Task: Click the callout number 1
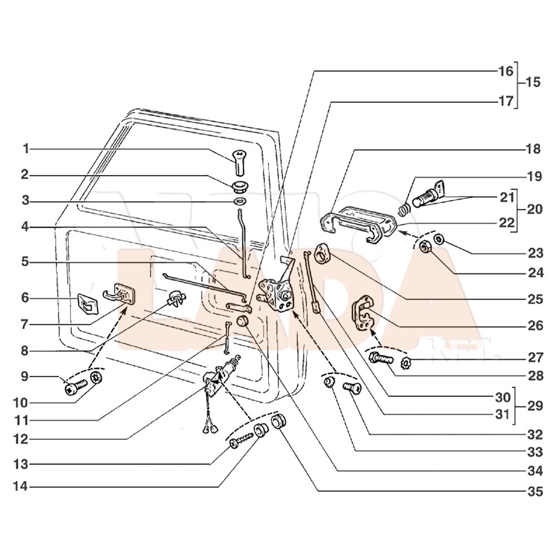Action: point(26,148)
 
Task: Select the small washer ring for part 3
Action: point(241,201)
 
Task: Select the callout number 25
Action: point(535,299)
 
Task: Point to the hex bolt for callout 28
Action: point(381,359)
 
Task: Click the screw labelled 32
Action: point(353,388)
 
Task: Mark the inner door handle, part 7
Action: point(120,294)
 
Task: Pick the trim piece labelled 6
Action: point(88,304)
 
